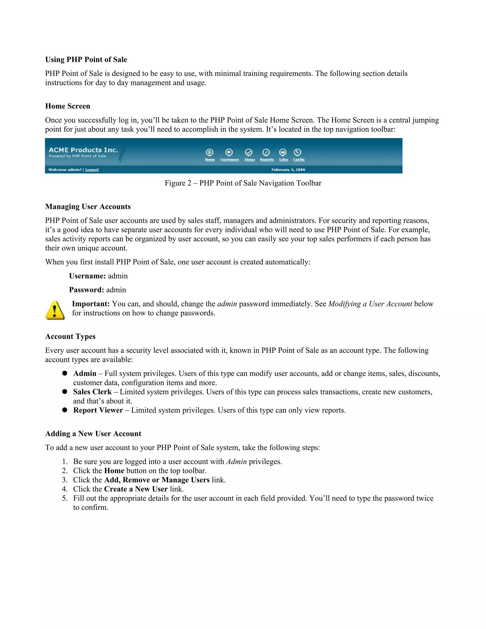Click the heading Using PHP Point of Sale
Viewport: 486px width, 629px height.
[86, 60]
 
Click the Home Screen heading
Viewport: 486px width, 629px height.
[67, 106]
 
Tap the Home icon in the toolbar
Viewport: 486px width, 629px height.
[210, 152]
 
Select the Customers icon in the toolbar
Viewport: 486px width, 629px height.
[229, 152]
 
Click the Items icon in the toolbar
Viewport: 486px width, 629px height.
[249, 152]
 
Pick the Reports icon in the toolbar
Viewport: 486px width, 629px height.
[266, 152]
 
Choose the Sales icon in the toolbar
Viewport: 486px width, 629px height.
[283, 152]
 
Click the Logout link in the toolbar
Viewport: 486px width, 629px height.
[92, 170]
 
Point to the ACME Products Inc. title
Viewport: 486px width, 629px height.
[83, 150]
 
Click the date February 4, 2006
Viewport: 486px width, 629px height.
[288, 170]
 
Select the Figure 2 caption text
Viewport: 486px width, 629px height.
[243, 183]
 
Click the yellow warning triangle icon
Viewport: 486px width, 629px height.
[55, 310]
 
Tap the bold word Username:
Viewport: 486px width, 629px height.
[87, 276]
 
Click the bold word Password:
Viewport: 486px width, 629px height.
[86, 290]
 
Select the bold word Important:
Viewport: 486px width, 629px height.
[91, 304]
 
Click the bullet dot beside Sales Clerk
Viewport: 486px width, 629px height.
[65, 392]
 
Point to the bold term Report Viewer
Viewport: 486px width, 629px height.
[98, 410]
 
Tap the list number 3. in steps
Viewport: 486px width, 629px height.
[65, 480]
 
